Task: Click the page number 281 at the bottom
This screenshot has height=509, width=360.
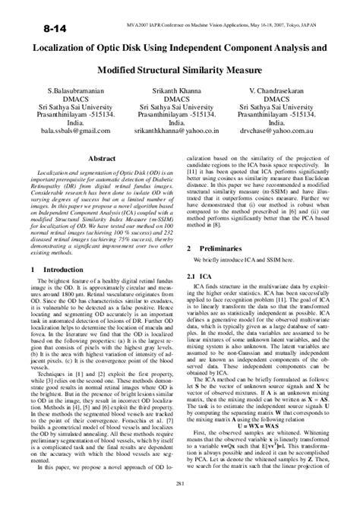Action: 180,485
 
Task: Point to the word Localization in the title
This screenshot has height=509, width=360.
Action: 56,47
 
